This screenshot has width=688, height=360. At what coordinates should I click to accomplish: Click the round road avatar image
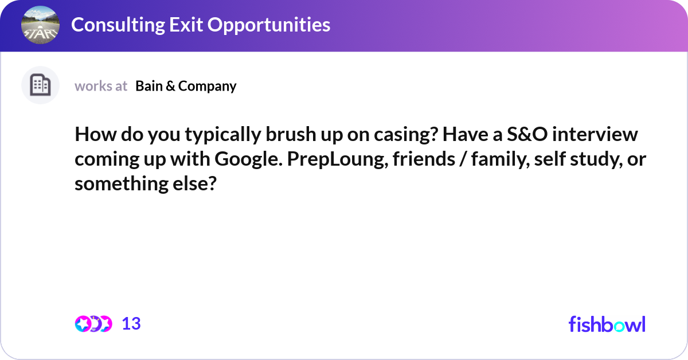point(40,25)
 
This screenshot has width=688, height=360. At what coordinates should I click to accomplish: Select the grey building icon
point(40,85)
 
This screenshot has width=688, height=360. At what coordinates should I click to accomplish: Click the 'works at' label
point(101,86)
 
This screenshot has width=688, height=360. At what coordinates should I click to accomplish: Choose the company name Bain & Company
point(186,86)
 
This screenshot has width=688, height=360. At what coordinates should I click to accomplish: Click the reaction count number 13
point(131,324)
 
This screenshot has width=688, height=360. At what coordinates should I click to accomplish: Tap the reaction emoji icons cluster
point(93,324)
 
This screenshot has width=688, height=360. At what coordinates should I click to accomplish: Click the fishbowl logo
point(607,324)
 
